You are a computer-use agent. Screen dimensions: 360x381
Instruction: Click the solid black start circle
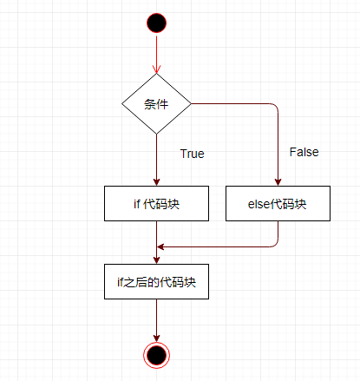click(x=156, y=23)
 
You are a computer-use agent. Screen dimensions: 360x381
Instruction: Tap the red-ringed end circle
click(x=156, y=355)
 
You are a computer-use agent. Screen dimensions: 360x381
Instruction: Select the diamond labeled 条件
click(x=156, y=103)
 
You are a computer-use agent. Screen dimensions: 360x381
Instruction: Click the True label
click(x=193, y=154)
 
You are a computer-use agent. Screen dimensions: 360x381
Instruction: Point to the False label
click(x=304, y=152)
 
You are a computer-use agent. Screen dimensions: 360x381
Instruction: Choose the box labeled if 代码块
click(x=156, y=203)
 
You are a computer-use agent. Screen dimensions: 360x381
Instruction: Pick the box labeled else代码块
click(x=278, y=203)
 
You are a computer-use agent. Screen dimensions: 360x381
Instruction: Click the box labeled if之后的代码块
click(x=156, y=281)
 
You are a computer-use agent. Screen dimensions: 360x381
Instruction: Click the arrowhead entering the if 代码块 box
click(x=156, y=182)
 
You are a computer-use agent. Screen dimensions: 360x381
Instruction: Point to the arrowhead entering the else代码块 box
click(x=278, y=182)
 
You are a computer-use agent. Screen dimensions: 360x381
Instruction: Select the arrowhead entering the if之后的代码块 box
click(x=156, y=260)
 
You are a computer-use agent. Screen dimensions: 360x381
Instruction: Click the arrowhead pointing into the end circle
click(x=156, y=338)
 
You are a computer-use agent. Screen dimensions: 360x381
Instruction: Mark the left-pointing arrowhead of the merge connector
click(x=160, y=246)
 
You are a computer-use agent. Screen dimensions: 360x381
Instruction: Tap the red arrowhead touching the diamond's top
click(x=156, y=69)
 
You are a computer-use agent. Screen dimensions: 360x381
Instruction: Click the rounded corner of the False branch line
click(x=276, y=106)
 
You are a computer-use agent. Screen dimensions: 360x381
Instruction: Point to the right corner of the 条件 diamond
click(x=191, y=103)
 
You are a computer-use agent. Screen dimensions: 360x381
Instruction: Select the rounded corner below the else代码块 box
click(x=276, y=245)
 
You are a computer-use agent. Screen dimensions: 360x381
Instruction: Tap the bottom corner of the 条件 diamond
click(x=156, y=134)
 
